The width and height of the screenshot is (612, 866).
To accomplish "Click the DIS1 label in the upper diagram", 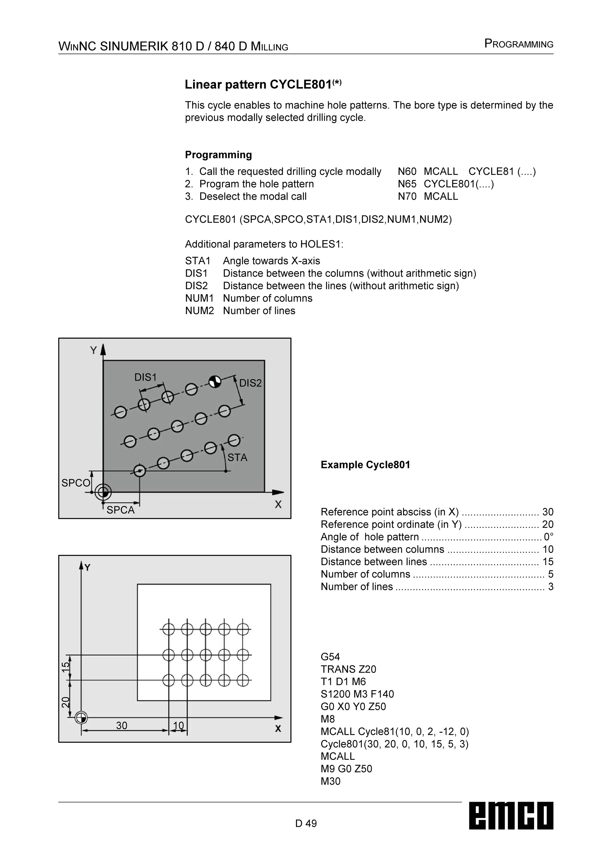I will click(x=145, y=377).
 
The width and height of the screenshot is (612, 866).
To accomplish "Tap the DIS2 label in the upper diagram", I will click(x=250, y=383).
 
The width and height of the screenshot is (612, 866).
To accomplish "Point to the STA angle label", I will click(x=237, y=458).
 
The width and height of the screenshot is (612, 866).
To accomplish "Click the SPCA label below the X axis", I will click(x=120, y=510).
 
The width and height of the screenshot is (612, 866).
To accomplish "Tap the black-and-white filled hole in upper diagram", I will click(x=215, y=382).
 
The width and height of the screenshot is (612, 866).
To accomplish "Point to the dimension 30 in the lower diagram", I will click(x=122, y=725).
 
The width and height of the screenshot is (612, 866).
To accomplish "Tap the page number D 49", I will click(x=306, y=823).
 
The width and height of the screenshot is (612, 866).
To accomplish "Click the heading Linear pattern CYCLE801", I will click(x=263, y=85).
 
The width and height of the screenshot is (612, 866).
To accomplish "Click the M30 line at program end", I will click(x=331, y=781).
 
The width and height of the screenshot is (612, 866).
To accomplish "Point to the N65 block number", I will click(x=407, y=184).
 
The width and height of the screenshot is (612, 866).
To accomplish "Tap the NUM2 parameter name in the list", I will click(x=199, y=311).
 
